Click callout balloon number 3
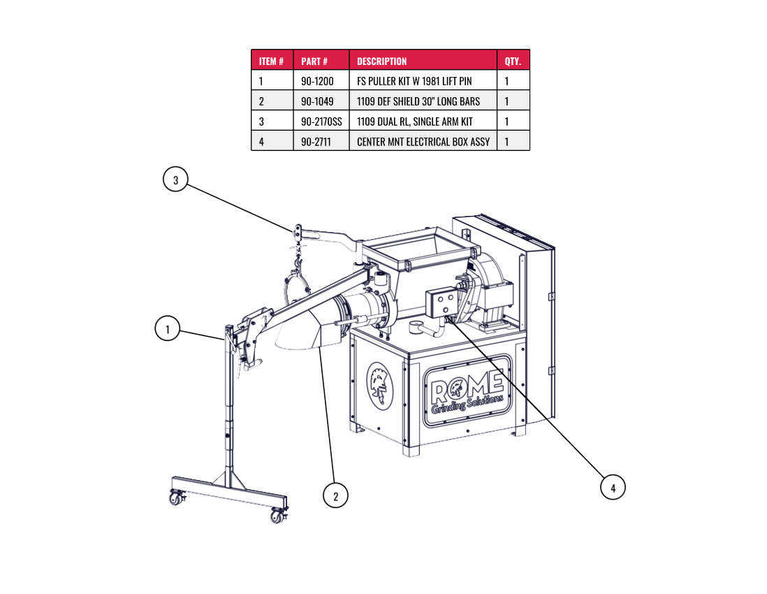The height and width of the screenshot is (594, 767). tap(175, 180)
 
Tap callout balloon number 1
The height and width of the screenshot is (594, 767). tap(168, 328)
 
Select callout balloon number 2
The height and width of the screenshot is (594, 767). tap(335, 496)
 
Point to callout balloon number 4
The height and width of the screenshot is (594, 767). tap(613, 488)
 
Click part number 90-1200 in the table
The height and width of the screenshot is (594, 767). tap(317, 81)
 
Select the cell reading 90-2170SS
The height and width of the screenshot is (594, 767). tap(321, 122)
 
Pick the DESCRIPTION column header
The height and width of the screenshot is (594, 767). tap(381, 61)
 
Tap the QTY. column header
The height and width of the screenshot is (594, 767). tap(513, 61)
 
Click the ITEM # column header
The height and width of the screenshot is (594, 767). tap(271, 61)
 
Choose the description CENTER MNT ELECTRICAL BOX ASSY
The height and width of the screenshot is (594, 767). tap(423, 142)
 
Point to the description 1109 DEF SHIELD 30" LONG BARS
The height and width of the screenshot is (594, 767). tap(418, 101)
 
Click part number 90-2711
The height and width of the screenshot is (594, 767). tap(316, 142)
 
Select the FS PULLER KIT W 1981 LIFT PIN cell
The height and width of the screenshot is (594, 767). tap(414, 81)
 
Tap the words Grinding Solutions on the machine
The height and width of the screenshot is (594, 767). tap(467, 405)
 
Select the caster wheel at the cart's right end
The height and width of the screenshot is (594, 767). tap(278, 516)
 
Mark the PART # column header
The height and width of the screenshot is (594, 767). tap(314, 61)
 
